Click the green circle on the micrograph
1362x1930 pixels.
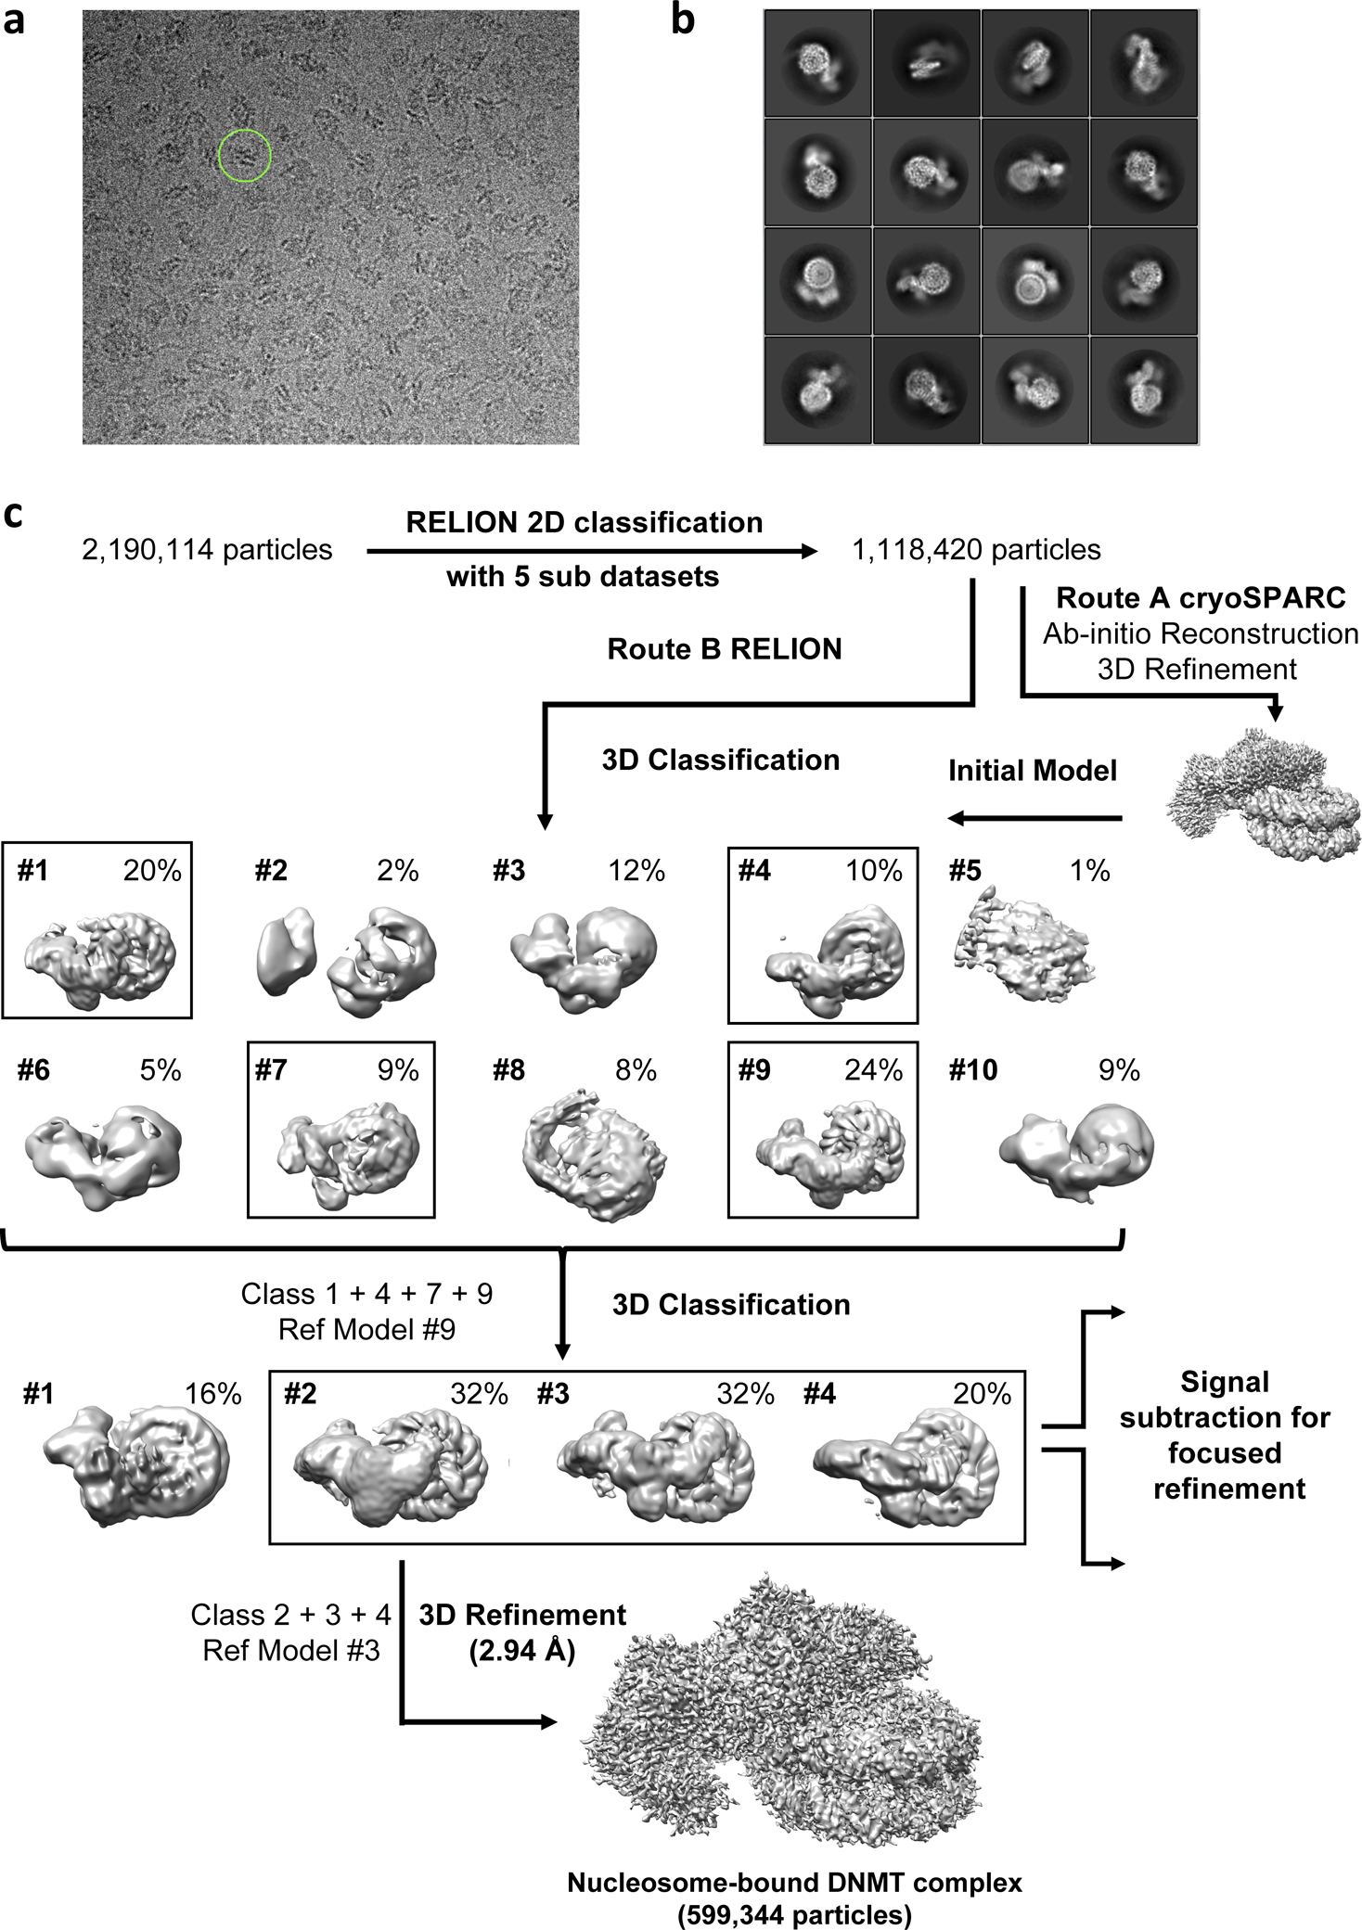(x=245, y=155)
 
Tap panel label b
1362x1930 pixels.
(x=683, y=20)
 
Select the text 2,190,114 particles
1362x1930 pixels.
(x=207, y=550)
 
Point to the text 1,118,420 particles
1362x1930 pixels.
(x=976, y=550)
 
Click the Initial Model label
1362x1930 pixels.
(x=1032, y=771)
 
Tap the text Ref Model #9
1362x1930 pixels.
(x=366, y=1329)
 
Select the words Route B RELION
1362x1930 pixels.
(x=724, y=649)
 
